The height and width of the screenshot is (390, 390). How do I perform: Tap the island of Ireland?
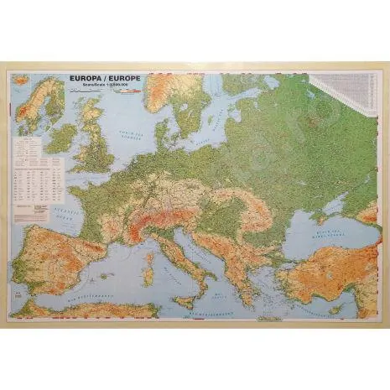[60, 136]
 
